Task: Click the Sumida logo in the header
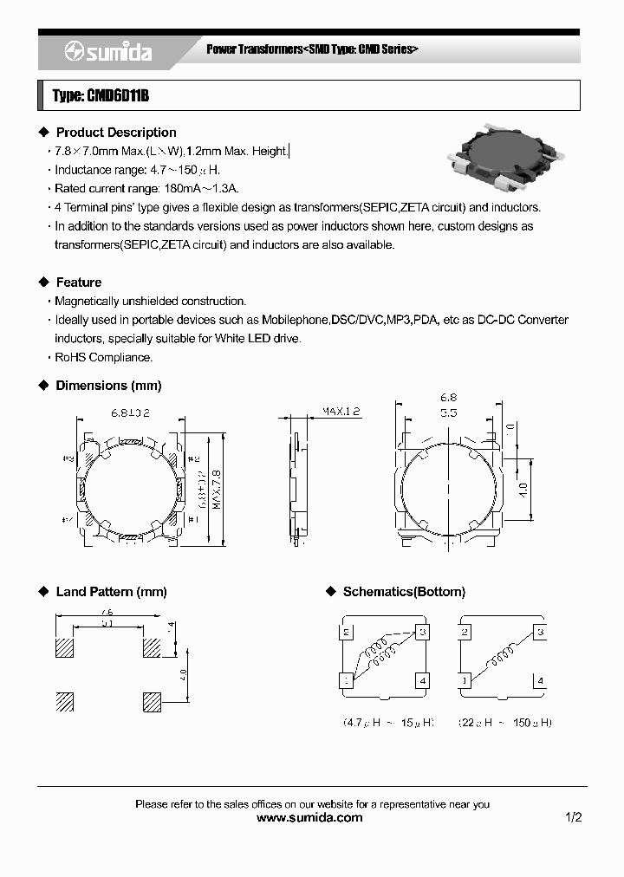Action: point(108,52)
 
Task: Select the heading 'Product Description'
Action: point(115,133)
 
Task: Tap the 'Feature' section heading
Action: point(78,283)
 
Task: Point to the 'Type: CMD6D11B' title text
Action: point(101,96)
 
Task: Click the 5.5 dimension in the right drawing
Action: point(448,413)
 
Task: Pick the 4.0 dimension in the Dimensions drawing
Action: point(523,489)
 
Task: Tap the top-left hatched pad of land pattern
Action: point(65,647)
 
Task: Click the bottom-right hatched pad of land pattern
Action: point(152,701)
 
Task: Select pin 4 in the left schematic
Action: point(422,681)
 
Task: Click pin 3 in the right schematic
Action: point(539,632)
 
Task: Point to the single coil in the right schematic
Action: point(500,658)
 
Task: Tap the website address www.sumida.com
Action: point(310,817)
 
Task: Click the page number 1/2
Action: point(573,817)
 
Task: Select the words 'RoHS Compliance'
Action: point(103,357)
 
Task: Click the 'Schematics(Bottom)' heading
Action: point(404,592)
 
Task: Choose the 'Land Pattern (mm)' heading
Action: point(111,592)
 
